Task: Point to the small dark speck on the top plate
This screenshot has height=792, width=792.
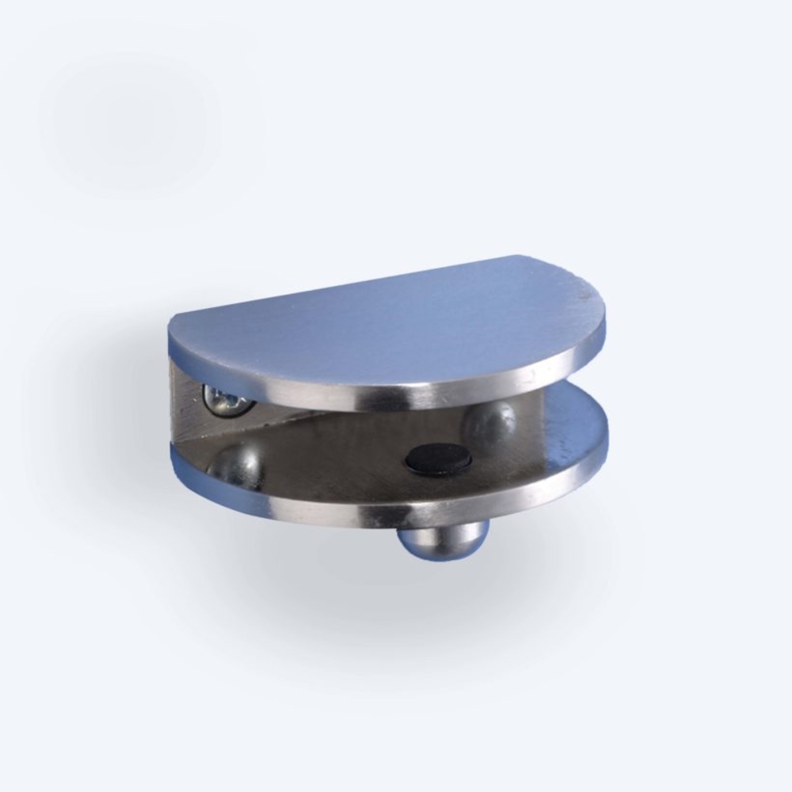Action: [584, 294]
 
